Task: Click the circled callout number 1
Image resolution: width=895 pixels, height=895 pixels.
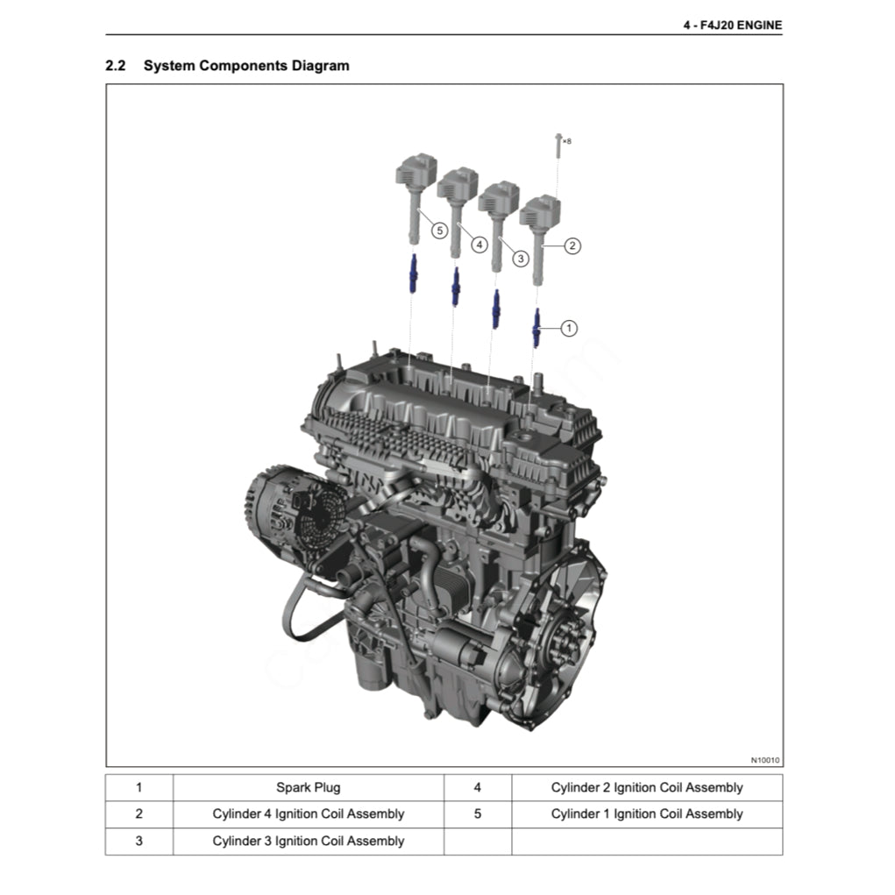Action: [x=569, y=328]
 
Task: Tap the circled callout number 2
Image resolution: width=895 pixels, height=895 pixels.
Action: [x=572, y=246]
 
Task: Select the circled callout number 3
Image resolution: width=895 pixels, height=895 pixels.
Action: [x=520, y=259]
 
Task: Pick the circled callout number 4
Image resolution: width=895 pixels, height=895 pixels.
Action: [x=479, y=245]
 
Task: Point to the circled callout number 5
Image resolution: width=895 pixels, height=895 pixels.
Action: [x=439, y=231]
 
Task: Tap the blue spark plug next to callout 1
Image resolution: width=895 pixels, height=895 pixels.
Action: [x=536, y=328]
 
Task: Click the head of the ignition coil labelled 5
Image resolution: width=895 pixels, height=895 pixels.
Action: [x=416, y=169]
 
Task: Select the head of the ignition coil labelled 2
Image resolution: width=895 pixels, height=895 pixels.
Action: [x=540, y=211]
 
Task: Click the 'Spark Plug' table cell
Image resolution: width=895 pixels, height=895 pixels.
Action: [x=309, y=788]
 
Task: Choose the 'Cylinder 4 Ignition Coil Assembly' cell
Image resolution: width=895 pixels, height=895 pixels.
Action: [x=309, y=814]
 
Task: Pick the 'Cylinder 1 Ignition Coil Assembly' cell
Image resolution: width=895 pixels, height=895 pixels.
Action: [x=647, y=814]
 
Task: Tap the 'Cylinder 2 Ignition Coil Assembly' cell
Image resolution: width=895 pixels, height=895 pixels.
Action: [x=647, y=788]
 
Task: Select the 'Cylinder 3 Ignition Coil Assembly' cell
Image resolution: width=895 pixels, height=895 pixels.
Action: [x=309, y=842]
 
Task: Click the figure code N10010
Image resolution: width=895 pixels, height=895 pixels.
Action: [x=765, y=760]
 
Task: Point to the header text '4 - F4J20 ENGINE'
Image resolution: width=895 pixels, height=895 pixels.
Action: [x=733, y=25]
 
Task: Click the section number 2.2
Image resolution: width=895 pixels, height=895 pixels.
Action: [x=116, y=66]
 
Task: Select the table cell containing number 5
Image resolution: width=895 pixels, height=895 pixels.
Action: [x=478, y=814]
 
